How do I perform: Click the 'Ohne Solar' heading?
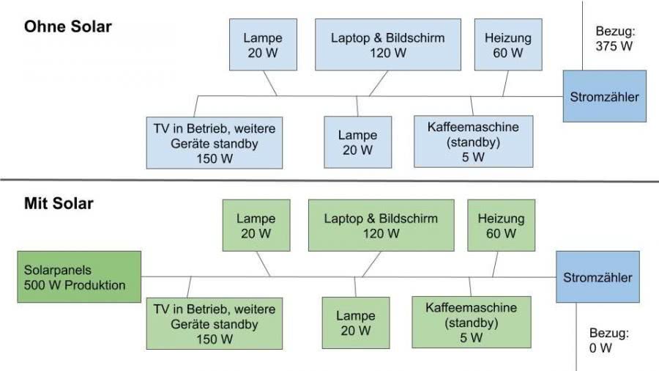[x=67, y=26]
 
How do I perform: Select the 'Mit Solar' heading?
[x=59, y=203]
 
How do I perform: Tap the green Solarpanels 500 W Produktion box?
[x=79, y=276]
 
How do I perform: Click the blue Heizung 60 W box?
[x=508, y=45]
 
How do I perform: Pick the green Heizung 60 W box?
[x=502, y=226]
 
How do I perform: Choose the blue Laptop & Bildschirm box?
[x=388, y=45]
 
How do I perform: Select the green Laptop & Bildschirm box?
[x=381, y=226]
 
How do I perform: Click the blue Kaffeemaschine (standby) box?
[x=474, y=142]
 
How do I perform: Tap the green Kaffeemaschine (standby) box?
[x=472, y=322]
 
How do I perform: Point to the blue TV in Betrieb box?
[x=215, y=143]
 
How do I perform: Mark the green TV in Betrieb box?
[x=215, y=323]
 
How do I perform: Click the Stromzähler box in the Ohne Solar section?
[x=605, y=96]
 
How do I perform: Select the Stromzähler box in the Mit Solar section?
[x=597, y=276]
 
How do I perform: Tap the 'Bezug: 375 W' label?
[x=614, y=39]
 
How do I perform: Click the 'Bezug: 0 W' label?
[x=609, y=340]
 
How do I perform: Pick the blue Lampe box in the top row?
[x=263, y=45]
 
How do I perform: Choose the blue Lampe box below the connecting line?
[x=357, y=142]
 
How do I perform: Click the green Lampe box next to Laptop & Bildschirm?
[x=256, y=226]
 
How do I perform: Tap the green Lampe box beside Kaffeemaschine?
[x=356, y=323]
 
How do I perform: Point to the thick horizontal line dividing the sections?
[x=329, y=180]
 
